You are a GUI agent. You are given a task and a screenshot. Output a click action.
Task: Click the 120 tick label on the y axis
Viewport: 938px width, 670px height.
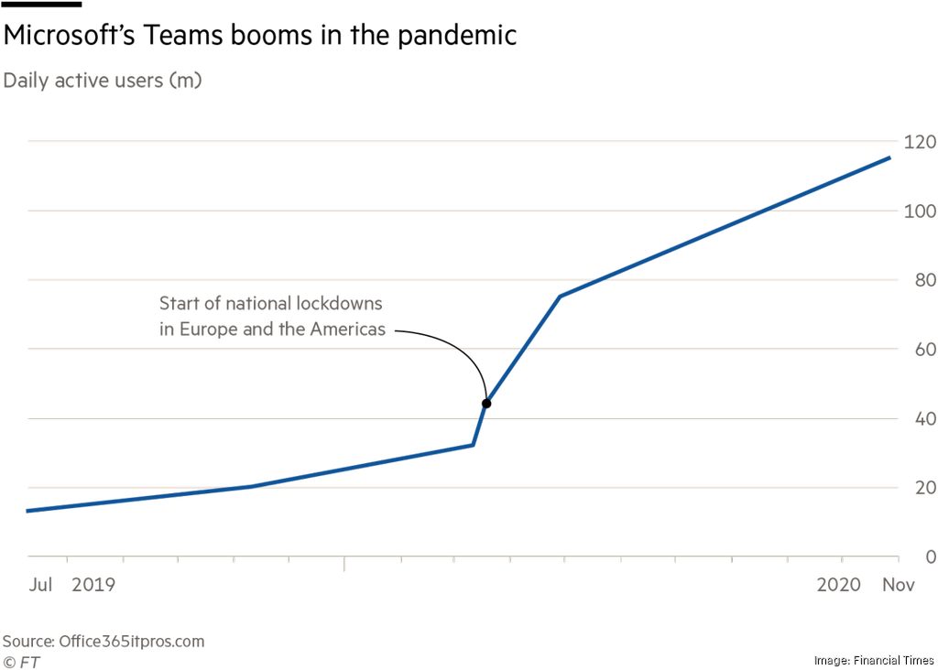pyautogui.click(x=919, y=142)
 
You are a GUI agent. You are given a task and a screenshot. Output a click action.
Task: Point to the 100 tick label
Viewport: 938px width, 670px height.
pyautogui.click(x=919, y=211)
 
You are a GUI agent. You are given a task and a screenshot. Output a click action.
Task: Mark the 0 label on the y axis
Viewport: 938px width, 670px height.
pyautogui.click(x=929, y=557)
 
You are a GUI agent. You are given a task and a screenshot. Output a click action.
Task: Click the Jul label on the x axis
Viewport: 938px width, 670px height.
pyautogui.click(x=40, y=584)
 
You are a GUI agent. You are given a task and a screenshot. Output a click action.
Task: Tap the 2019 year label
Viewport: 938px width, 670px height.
pyautogui.click(x=93, y=584)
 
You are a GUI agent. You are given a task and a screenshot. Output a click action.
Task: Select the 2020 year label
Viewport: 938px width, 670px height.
pyautogui.click(x=840, y=584)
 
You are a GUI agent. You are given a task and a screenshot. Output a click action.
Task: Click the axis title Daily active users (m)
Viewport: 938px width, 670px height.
pyautogui.click(x=102, y=81)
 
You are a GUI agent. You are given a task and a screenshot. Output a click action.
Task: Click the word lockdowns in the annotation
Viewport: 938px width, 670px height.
pyautogui.click(x=338, y=303)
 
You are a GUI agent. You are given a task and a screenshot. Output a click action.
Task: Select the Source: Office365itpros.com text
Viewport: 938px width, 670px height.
pyautogui.click(x=103, y=642)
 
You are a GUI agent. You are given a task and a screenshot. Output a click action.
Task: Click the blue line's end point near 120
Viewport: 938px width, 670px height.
pyautogui.click(x=889, y=158)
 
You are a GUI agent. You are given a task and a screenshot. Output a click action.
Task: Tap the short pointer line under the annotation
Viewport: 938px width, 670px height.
pyautogui.click(x=458, y=349)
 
